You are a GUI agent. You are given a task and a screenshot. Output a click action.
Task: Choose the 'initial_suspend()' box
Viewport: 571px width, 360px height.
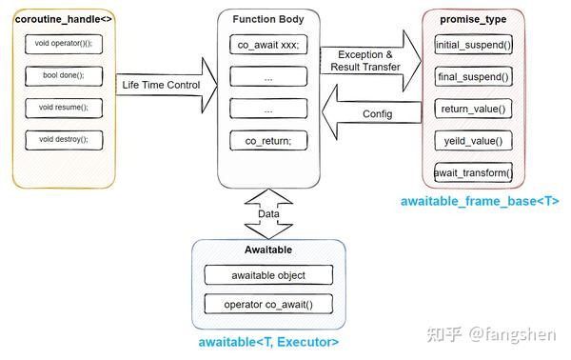click(473, 45)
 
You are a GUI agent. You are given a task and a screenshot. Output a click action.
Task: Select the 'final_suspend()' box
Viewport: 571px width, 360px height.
click(473, 76)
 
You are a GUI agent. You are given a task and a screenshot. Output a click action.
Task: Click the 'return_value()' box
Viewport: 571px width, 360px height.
click(473, 109)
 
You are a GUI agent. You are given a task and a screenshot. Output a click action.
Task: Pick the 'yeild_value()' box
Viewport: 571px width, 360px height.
click(473, 140)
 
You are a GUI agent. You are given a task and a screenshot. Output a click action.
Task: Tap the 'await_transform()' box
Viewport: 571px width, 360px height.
click(473, 172)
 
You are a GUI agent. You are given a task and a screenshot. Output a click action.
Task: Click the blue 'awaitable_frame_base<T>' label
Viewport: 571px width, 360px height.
click(480, 202)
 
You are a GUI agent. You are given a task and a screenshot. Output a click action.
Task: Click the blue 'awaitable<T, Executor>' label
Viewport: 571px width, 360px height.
click(268, 341)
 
